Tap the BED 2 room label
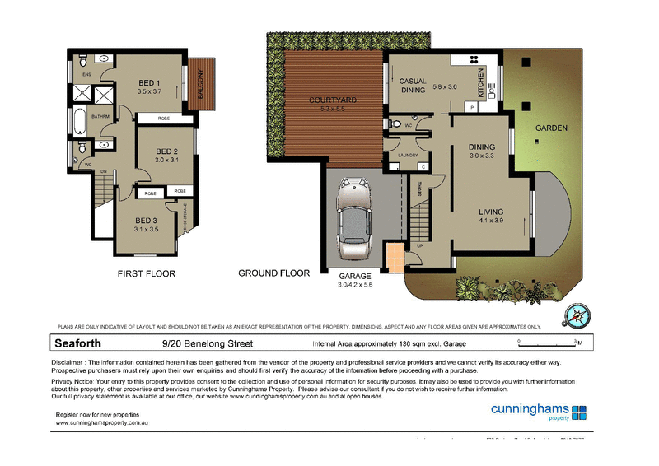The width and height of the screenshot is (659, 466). [166, 151]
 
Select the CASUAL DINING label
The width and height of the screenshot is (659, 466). [413, 86]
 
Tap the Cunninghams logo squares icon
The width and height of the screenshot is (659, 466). [580, 412]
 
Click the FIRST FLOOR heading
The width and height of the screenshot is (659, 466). [146, 273]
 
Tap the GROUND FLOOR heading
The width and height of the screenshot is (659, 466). [273, 273]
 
